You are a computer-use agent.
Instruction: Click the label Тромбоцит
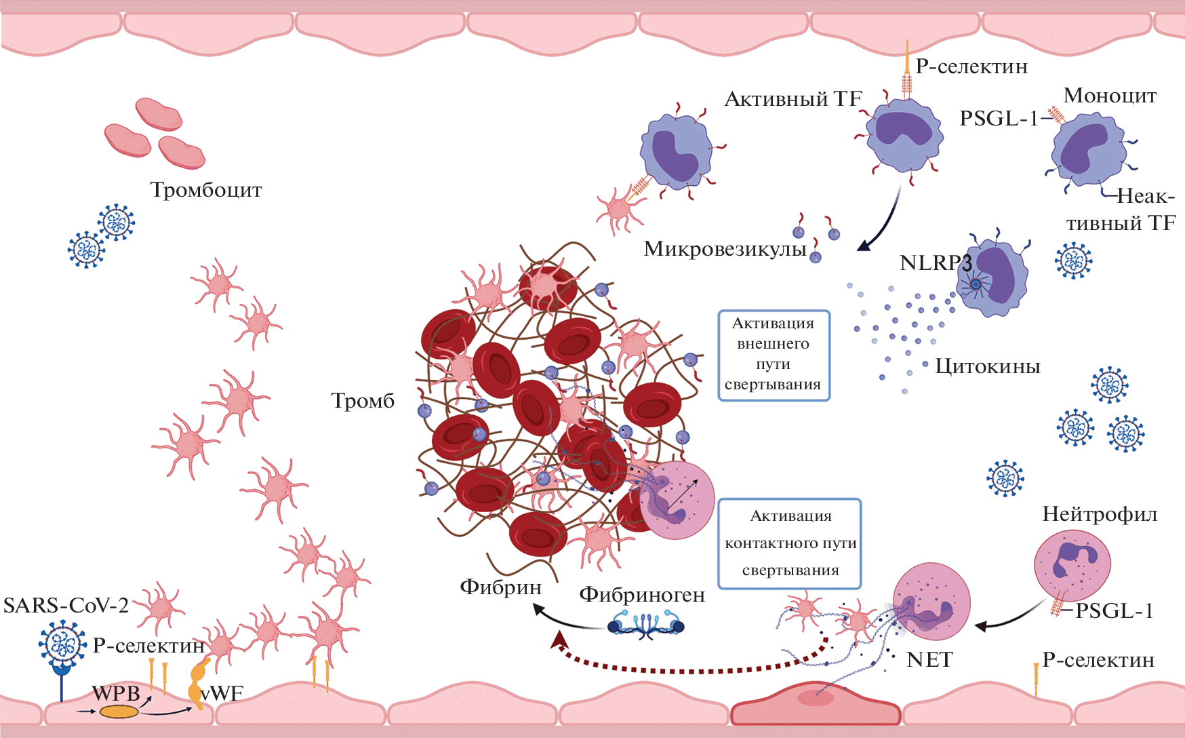[x=206, y=190]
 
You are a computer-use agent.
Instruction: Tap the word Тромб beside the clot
[x=363, y=401]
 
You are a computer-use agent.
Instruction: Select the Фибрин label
[x=500, y=587]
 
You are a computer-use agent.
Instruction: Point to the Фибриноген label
[x=641, y=595]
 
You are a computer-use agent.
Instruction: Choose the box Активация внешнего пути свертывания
[x=774, y=355]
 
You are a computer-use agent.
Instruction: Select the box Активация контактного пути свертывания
[x=790, y=543]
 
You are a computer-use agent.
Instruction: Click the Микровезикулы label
[x=725, y=250]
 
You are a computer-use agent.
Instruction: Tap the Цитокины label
[x=987, y=366]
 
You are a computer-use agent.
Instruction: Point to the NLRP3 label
[x=935, y=263]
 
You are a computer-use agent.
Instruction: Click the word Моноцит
[x=1110, y=96]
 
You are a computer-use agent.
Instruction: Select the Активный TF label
[x=792, y=99]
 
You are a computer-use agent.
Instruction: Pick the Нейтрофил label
[x=1099, y=514]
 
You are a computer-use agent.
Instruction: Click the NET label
[x=929, y=659]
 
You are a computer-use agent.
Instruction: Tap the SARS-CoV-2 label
[x=66, y=605]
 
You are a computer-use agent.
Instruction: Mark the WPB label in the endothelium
[x=116, y=693]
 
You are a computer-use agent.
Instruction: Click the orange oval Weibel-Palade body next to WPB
[x=119, y=712]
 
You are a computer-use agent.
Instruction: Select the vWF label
[x=222, y=693]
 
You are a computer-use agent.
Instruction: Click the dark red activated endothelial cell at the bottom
[x=816, y=705]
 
